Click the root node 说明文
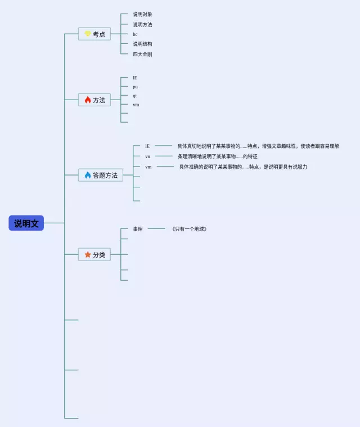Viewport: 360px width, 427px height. coord(26,223)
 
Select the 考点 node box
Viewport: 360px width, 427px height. coord(94,34)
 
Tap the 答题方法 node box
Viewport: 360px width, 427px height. coord(101,176)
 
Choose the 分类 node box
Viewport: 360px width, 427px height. coord(94,255)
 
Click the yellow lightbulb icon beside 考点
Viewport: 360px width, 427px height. coord(87,34)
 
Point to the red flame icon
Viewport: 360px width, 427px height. coord(87,100)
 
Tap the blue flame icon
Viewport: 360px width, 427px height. coord(87,175)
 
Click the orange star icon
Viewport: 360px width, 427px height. coord(87,255)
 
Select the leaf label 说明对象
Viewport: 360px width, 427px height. coord(142,14)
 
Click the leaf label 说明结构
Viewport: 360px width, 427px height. coord(142,44)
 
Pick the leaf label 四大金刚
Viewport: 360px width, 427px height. coord(142,54)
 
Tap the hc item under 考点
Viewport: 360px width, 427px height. coord(135,34)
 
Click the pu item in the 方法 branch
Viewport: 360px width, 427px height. coord(135,87)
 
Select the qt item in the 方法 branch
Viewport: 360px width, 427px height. coord(135,96)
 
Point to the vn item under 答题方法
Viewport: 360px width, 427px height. coord(147,156)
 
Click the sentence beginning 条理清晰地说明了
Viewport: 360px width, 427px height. coord(217,156)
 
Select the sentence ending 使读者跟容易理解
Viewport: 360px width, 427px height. coord(258,146)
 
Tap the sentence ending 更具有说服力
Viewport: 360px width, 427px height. coord(243,167)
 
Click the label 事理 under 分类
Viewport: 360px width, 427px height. coord(138,229)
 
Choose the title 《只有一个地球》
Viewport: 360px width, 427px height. coord(190,229)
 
